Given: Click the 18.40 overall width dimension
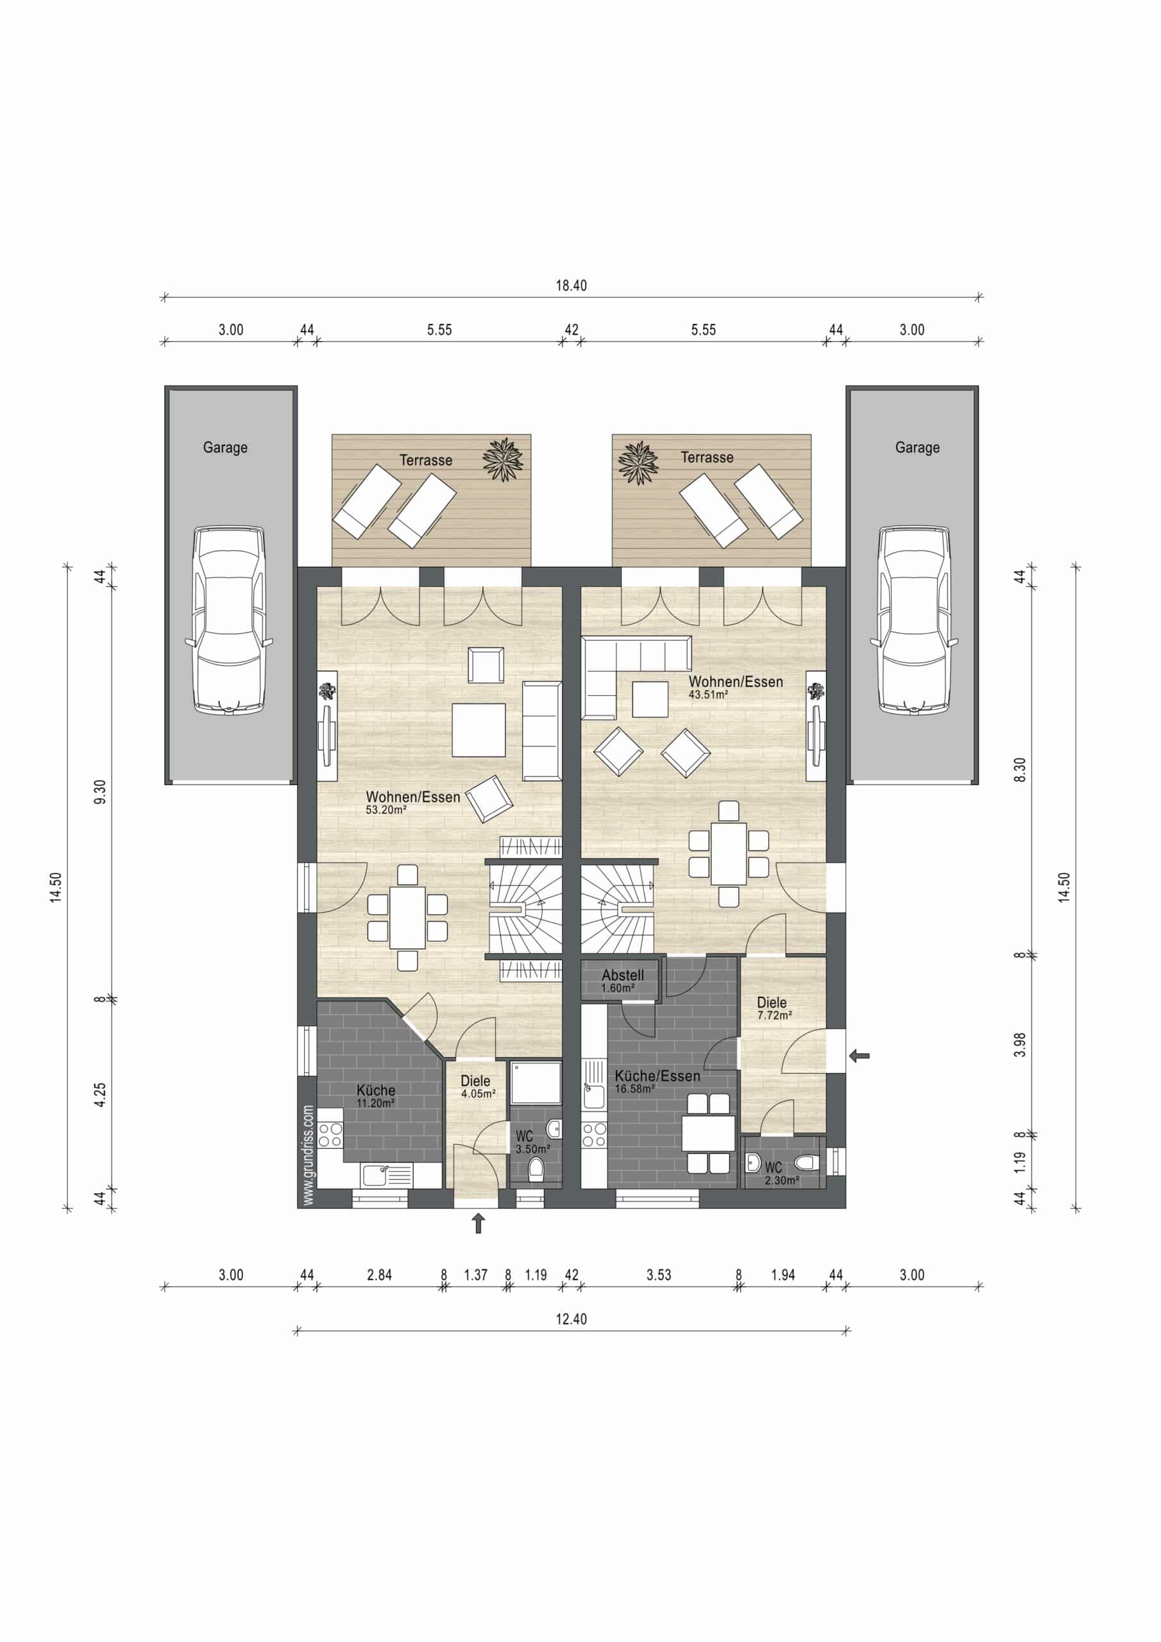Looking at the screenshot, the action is coord(571,286).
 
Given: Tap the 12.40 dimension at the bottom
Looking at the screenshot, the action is coord(571,1319).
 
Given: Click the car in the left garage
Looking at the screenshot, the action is coord(229,621).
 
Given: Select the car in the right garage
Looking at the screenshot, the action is coord(914,621).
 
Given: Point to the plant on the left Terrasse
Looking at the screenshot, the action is coord(503,459).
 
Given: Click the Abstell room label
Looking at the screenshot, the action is coord(622,976).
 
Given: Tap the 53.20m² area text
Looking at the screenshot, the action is coord(386,810).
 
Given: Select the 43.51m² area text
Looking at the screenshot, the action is coord(708,695).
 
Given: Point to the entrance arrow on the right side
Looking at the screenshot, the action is coord(859,1055).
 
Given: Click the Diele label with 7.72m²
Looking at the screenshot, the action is coord(771,1003).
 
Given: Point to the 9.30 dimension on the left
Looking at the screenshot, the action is coord(100,791).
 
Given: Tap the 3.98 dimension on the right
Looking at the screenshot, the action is coord(1020,1045).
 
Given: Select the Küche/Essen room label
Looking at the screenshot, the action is coord(657,1076).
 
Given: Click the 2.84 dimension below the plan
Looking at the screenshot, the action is coord(379,1275).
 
